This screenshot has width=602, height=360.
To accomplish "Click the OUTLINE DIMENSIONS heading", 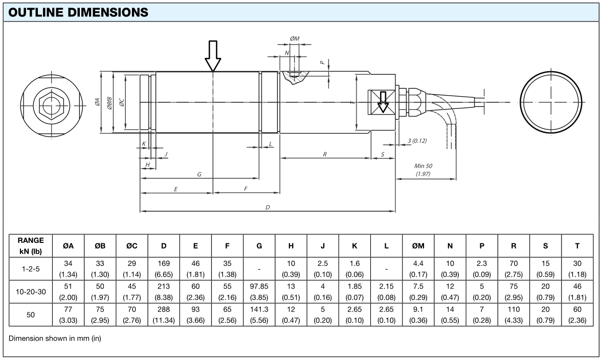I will tap(79, 12).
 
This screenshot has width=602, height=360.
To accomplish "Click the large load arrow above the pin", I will tap(213, 56).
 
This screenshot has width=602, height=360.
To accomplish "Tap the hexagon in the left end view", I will tap(50, 106).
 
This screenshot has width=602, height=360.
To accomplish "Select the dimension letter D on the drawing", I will tap(267, 208).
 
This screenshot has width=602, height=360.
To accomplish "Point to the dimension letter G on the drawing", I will tap(199, 175).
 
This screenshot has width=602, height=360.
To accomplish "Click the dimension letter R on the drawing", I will tap(325, 154).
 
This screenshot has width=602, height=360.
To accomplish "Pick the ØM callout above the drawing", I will tap(295, 38).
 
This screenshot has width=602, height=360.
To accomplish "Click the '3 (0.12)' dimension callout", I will tap(417, 141).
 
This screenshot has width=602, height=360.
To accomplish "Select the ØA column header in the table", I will tap(69, 246).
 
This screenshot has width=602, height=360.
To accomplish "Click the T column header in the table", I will tap(577, 246).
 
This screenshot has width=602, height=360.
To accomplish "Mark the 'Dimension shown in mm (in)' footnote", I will tap(55, 339).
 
